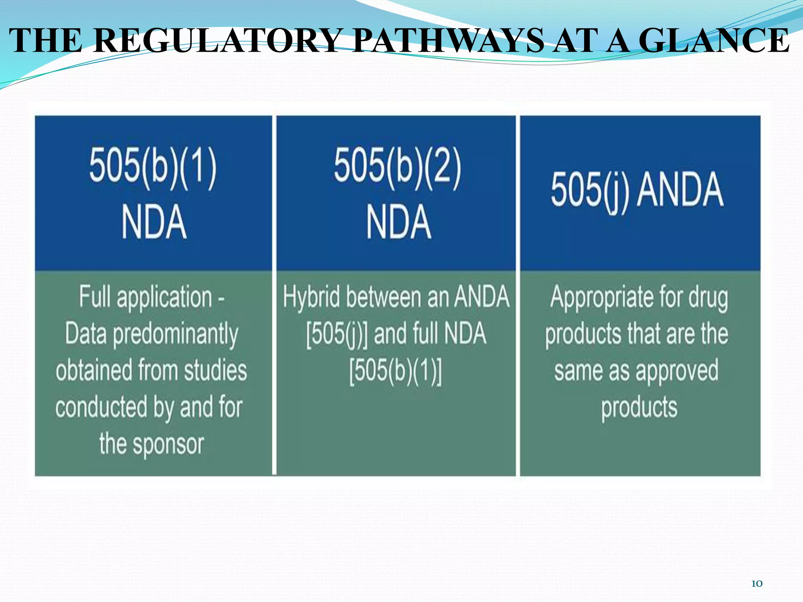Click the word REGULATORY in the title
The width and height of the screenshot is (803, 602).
218,40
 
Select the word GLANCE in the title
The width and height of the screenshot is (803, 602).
714,40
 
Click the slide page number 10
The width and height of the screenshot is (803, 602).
756,584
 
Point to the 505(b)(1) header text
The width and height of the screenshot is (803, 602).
153,169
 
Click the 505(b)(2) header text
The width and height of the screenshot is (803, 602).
398,169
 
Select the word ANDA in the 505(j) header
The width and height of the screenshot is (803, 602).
680,190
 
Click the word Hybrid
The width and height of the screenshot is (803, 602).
312,297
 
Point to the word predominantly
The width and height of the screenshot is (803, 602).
175,334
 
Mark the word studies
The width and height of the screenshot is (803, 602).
216,370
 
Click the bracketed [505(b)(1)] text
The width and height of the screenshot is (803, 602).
395,370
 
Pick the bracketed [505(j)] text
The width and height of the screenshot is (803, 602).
337,334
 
